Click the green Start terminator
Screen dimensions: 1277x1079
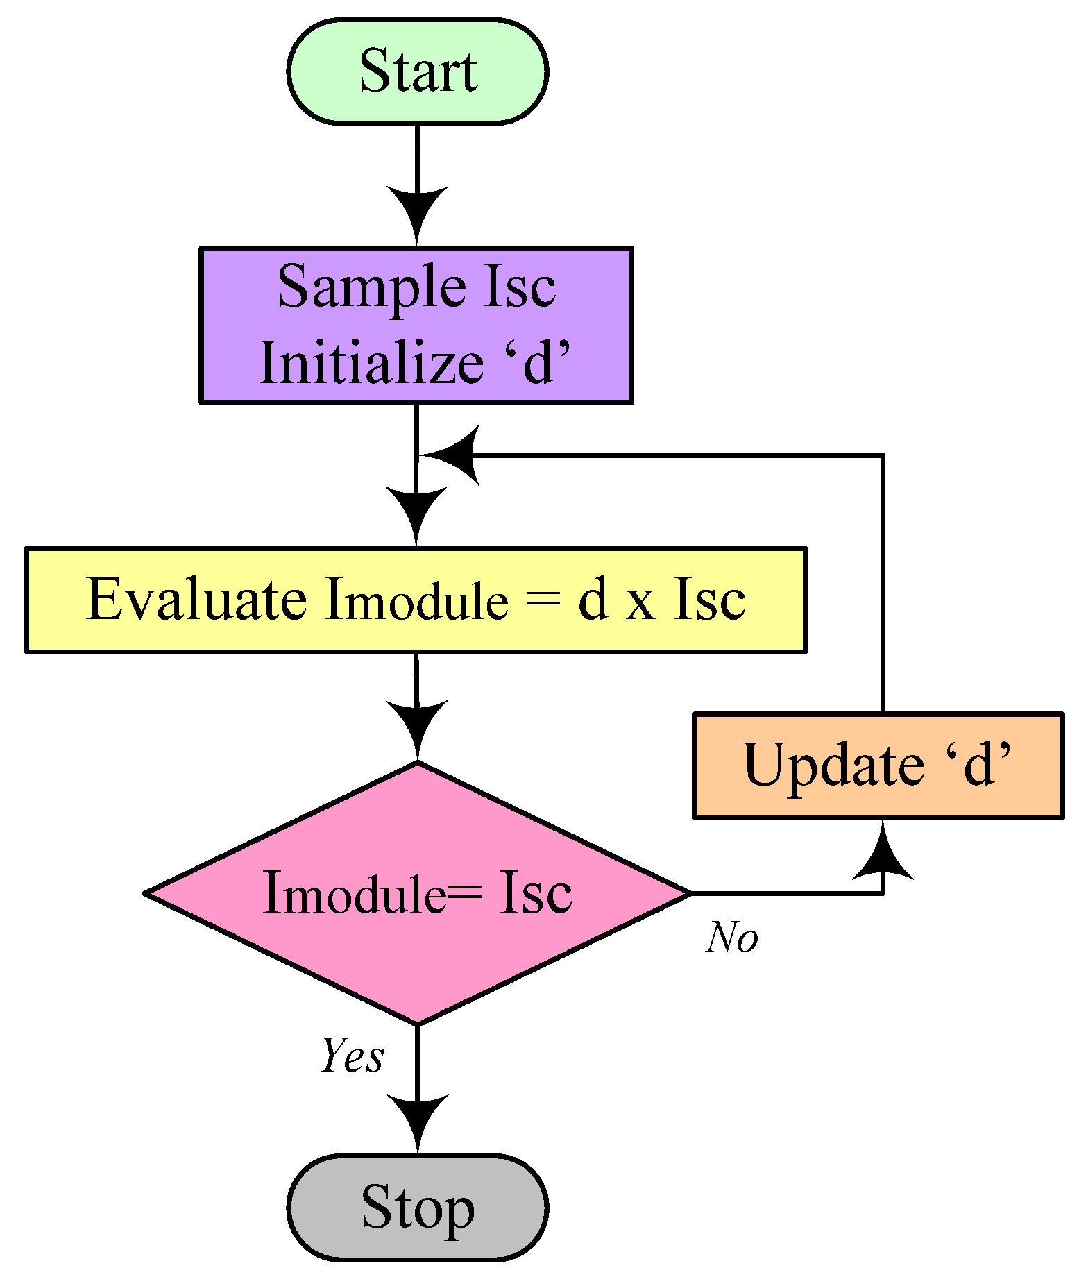pyautogui.click(x=417, y=71)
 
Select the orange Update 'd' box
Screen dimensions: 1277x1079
pyautogui.click(x=878, y=766)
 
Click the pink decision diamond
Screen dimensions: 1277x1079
pyautogui.click(x=417, y=893)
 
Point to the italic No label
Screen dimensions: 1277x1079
pyautogui.click(x=732, y=938)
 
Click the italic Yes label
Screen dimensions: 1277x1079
pyautogui.click(x=352, y=1056)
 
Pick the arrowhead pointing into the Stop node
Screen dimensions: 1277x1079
pyautogui.click(x=417, y=1118)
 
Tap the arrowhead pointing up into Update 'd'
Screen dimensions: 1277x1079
pyautogui.click(x=883, y=852)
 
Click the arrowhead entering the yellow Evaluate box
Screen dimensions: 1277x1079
pyautogui.click(x=416, y=512)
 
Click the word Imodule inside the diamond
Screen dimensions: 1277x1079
pyautogui.click(x=354, y=894)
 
